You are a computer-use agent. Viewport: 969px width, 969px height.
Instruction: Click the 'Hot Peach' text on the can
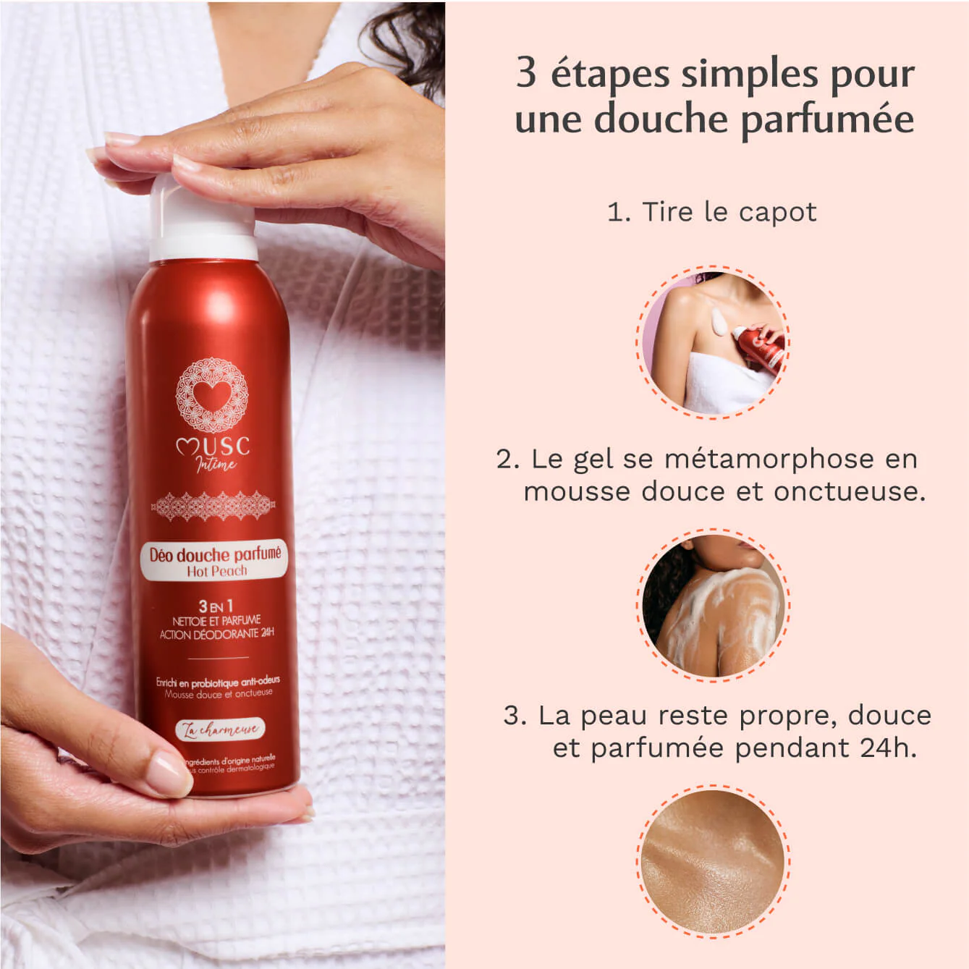(x=216, y=571)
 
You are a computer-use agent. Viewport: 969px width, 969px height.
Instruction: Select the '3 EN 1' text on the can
(x=216, y=606)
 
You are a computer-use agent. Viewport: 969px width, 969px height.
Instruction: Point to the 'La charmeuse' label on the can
(x=221, y=729)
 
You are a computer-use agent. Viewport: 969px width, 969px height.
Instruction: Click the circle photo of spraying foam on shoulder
(x=713, y=342)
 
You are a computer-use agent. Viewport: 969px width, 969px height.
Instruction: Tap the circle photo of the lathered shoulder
(x=713, y=605)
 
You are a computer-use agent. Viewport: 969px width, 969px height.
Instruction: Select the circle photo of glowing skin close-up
(x=713, y=861)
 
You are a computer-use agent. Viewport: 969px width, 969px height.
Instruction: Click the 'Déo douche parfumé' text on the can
(x=215, y=554)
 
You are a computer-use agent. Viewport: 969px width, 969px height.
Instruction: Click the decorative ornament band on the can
(x=213, y=506)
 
